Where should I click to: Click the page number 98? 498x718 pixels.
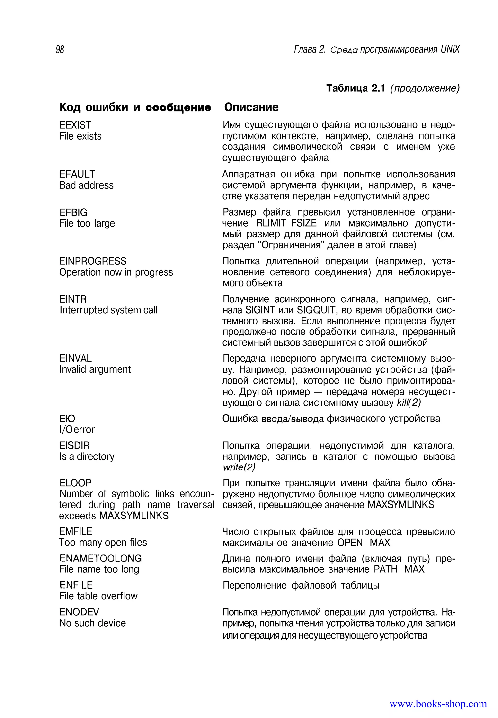tap(60, 50)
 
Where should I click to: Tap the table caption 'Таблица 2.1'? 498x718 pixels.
tap(356, 88)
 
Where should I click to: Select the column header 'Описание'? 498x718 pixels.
tap(251, 107)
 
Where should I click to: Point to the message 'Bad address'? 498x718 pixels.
tap(86, 185)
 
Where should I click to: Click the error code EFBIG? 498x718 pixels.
tap(73, 212)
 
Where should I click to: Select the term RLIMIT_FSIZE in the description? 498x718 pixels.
tap(286, 223)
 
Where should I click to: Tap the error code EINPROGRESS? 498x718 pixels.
tap(93, 261)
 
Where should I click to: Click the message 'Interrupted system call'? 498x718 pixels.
tap(108, 310)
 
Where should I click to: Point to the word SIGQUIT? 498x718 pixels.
tap(316, 310)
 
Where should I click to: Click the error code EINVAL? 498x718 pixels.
tap(76, 358)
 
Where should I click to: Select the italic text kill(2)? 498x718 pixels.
tap(409, 403)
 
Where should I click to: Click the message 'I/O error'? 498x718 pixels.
tap(77, 429)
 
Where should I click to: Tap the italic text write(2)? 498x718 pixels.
tap(239, 467)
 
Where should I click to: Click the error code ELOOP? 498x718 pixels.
tap(76, 483)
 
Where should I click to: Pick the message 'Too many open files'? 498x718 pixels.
tap(103, 543)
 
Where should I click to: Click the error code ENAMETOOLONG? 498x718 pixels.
tap(100, 558)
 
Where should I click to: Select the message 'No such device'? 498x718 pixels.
tap(93, 623)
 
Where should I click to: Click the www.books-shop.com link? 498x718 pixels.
tap(438, 704)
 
